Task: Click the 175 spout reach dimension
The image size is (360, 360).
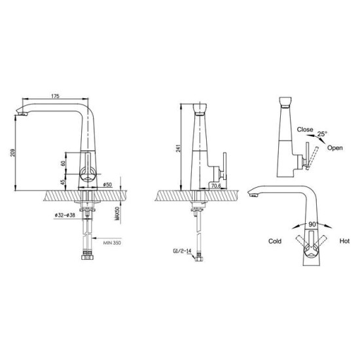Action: (55, 96)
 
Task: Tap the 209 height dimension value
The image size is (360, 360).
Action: (12, 153)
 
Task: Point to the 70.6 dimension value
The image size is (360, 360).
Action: (216, 186)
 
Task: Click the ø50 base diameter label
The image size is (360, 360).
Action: (107, 185)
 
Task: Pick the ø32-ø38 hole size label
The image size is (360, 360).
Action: (65, 215)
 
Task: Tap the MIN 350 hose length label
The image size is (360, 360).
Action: (112, 243)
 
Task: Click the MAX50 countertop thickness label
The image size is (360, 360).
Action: (118, 213)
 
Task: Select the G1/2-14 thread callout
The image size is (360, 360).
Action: (182, 251)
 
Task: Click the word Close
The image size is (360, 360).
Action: (305, 130)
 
